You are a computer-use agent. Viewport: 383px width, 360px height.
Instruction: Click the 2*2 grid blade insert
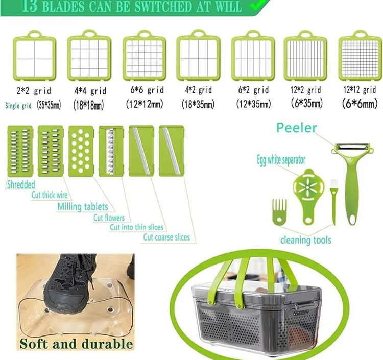[x=34, y=56]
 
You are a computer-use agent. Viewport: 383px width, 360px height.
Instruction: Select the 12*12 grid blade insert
[x=360, y=56]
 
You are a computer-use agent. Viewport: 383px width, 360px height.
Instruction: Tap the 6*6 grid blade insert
[x=145, y=56]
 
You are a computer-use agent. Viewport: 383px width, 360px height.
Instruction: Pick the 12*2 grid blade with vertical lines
[x=305, y=56]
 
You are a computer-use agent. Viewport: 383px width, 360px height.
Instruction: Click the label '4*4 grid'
[x=90, y=91]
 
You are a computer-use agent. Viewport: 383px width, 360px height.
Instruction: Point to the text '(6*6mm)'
[x=360, y=104]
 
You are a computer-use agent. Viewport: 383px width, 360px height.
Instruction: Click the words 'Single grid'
[x=18, y=106]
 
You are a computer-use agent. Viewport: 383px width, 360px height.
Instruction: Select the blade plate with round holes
[x=81, y=151]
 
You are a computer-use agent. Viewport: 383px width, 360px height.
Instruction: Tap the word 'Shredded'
[x=21, y=184]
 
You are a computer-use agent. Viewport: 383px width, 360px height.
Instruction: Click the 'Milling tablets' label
[x=83, y=207]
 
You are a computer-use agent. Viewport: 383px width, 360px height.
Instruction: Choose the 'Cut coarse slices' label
[x=166, y=237]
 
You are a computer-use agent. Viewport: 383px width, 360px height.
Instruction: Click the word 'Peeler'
[x=297, y=128]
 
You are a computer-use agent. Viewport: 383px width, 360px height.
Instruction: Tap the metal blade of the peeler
[x=352, y=147]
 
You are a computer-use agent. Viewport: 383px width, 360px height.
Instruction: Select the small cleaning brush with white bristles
[x=333, y=202]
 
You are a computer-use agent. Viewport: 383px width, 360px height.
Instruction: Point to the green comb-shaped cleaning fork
[x=279, y=210]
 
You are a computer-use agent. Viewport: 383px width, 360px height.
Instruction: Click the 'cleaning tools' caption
[x=305, y=240]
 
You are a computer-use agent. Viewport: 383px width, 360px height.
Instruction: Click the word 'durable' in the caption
[x=107, y=344]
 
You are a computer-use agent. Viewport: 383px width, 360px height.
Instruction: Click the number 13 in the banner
[x=30, y=6]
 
